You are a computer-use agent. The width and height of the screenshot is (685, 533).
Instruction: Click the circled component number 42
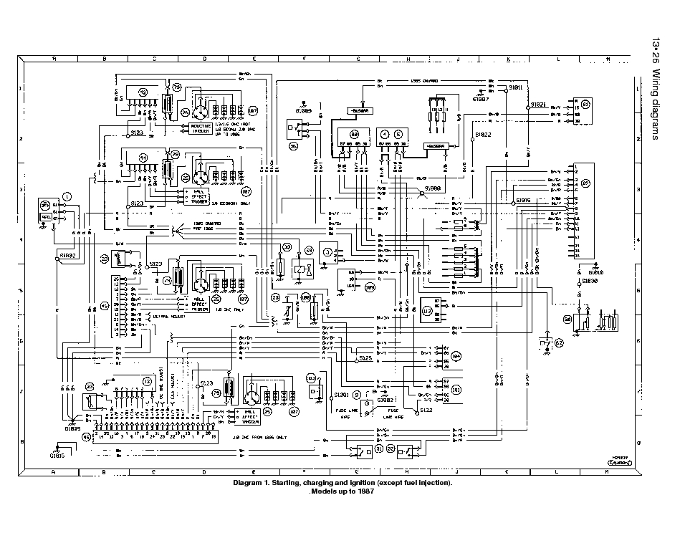tap(143, 92)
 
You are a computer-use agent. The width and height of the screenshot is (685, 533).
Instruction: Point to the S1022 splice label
tap(484, 134)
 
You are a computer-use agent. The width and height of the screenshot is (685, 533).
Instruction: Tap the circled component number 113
tap(428, 310)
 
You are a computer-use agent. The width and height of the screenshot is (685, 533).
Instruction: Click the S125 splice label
tap(365, 357)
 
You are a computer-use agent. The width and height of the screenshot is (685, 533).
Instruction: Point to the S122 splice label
tap(427, 410)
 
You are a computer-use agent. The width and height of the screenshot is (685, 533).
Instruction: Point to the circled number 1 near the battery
tap(67, 196)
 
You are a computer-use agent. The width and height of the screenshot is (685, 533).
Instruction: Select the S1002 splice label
tap(68, 254)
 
